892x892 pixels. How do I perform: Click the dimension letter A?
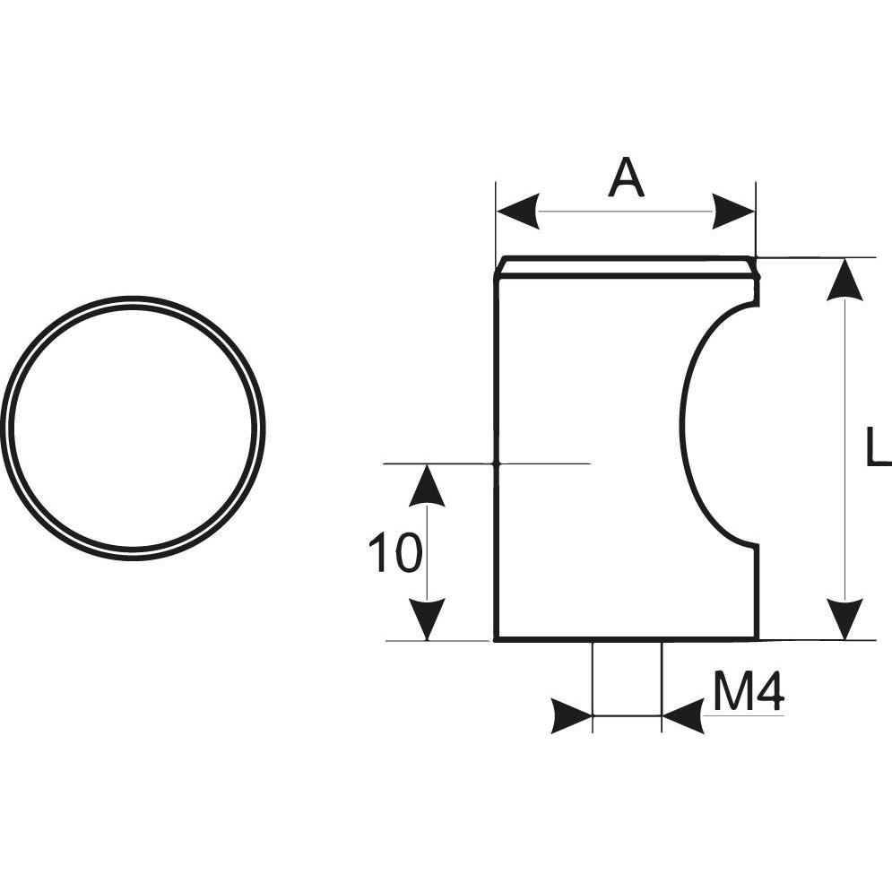click(x=626, y=178)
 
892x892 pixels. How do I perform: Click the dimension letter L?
click(x=879, y=446)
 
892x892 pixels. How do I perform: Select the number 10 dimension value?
click(x=395, y=552)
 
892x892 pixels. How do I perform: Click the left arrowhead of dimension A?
click(x=517, y=211)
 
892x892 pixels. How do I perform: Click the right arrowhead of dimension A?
click(x=734, y=211)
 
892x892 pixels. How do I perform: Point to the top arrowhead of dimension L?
click(x=845, y=279)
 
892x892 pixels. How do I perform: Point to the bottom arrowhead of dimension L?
click(x=845, y=619)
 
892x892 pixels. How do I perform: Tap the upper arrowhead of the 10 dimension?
click(x=427, y=485)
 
